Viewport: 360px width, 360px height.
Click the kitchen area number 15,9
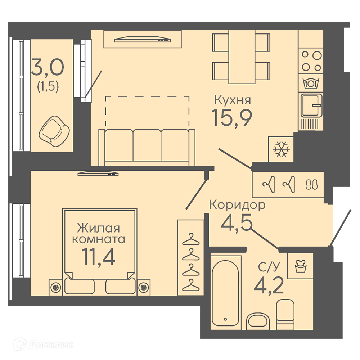point(232,117)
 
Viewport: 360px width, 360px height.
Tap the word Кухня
point(233,100)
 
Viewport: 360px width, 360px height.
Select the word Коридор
point(237,205)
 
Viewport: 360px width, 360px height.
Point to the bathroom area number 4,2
point(269,285)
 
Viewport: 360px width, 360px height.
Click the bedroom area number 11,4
point(98,257)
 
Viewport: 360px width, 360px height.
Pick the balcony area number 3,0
point(48,67)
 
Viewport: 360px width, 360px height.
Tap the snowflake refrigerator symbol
point(281,149)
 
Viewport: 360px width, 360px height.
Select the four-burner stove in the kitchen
point(311,61)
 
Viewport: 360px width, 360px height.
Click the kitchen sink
point(311,105)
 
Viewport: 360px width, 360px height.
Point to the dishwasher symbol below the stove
point(311,83)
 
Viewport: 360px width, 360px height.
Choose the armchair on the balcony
point(54,131)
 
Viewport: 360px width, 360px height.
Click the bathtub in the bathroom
point(226,292)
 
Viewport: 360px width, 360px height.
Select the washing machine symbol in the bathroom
point(301,266)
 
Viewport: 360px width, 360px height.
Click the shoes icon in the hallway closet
point(311,184)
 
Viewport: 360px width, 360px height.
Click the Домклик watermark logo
point(44,345)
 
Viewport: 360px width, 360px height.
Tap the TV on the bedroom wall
point(98,174)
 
